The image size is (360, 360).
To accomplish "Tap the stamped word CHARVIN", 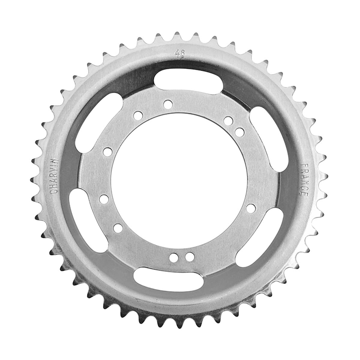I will click(54, 176).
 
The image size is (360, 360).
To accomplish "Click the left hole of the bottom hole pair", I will click(173, 257).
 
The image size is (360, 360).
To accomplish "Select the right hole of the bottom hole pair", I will click(189, 257).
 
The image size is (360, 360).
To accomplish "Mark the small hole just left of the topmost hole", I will click(139, 115).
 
